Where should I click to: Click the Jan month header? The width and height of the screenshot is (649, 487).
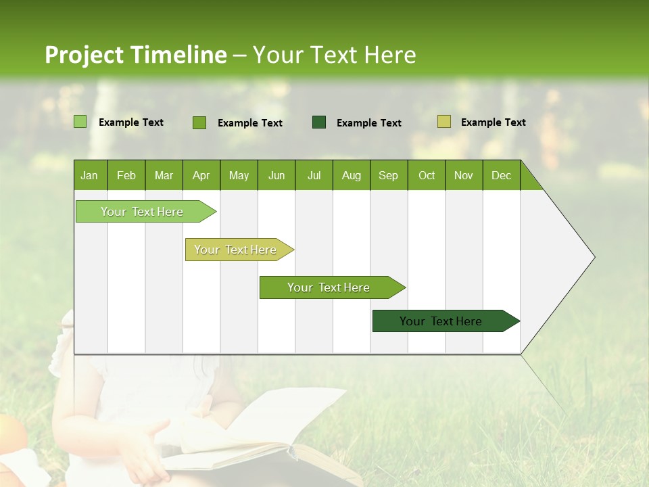click(x=90, y=175)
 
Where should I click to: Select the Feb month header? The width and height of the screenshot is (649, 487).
click(x=126, y=175)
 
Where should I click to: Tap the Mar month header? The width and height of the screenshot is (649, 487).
click(x=164, y=175)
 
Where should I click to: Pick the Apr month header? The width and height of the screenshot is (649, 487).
click(x=201, y=175)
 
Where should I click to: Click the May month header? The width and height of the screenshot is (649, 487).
click(x=239, y=175)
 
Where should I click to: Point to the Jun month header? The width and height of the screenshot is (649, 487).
click(x=277, y=175)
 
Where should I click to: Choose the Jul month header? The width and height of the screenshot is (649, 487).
click(x=314, y=175)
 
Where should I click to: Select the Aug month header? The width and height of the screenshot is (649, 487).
click(x=352, y=175)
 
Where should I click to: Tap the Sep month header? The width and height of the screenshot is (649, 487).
click(x=389, y=175)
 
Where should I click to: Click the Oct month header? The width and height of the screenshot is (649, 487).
click(x=427, y=175)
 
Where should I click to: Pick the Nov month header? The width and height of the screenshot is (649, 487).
click(x=464, y=175)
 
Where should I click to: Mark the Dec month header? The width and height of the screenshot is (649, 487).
click(x=502, y=175)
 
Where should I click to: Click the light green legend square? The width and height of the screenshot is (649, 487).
click(x=80, y=122)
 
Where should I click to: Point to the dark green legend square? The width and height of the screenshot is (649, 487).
click(x=319, y=122)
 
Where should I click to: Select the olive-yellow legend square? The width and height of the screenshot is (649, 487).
click(x=443, y=122)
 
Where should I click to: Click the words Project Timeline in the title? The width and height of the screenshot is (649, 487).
click(x=136, y=55)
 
